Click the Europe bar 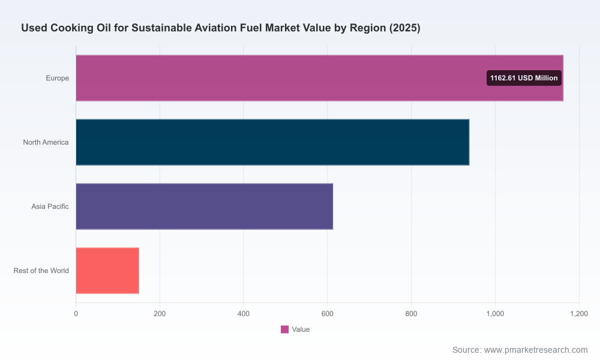point(320,78)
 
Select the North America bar point(272,142)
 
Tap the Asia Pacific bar point(205,206)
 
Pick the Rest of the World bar point(107,271)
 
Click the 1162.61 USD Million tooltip point(524,78)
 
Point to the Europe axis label point(58,78)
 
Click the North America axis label point(46,142)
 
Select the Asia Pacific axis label point(50,206)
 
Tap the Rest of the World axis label point(41,271)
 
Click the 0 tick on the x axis point(76,314)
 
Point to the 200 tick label point(160,314)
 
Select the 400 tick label point(244,314)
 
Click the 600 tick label point(327,314)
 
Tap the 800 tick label point(412,314)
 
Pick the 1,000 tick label point(495,314)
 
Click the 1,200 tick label point(579,314)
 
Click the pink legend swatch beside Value point(284,329)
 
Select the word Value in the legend point(301,329)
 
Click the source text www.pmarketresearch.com point(536,350)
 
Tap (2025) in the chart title point(405,28)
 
